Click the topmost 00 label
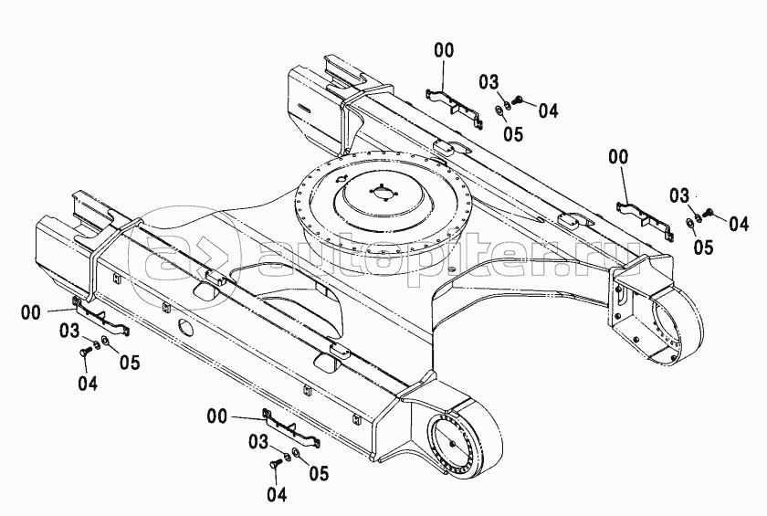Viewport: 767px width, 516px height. coord(444,50)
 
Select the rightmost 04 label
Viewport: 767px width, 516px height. coord(739,224)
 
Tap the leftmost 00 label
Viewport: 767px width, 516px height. coord(31,312)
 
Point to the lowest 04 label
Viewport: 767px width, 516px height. coord(277,494)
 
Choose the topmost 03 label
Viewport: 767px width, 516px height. coord(489,82)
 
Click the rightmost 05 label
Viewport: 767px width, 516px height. coord(703,247)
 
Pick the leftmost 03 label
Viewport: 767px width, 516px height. coord(69,331)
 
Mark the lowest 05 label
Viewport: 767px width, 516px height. coord(319,473)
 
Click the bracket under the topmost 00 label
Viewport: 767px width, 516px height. coord(455,107)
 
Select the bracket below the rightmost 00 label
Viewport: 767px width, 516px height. coord(645,219)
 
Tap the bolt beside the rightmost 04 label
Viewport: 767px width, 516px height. coord(709,213)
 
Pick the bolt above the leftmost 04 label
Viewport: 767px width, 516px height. coord(84,352)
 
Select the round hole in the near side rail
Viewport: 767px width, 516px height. coord(186,328)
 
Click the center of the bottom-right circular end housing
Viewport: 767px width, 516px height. coord(451,444)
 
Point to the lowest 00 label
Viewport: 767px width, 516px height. coord(217,416)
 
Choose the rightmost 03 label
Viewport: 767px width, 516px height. coord(679,196)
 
